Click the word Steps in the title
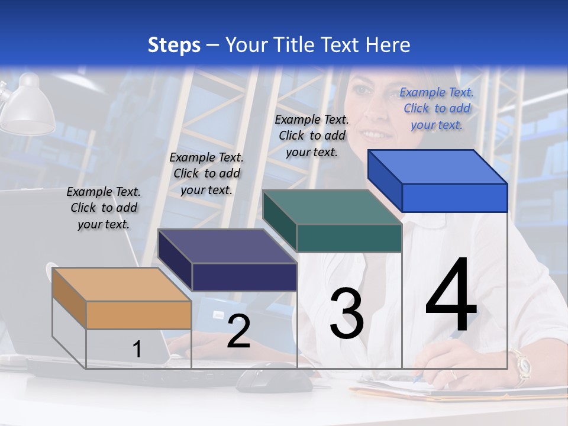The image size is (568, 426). tap(173, 45)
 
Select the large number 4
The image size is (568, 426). tap(451, 296)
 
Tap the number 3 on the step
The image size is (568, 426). tap(347, 314)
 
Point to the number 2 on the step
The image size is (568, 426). tap(238, 331)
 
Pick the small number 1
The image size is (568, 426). tap(137, 350)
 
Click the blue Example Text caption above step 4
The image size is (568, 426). tap(437, 108)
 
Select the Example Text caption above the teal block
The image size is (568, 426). tap(312, 135)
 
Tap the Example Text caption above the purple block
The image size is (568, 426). tap(206, 173)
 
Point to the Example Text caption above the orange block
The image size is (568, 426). tap(104, 208)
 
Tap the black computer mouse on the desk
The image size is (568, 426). tap(273, 377)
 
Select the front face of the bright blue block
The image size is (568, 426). tap(454, 198)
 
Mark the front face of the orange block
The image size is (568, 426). tap(138, 315)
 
